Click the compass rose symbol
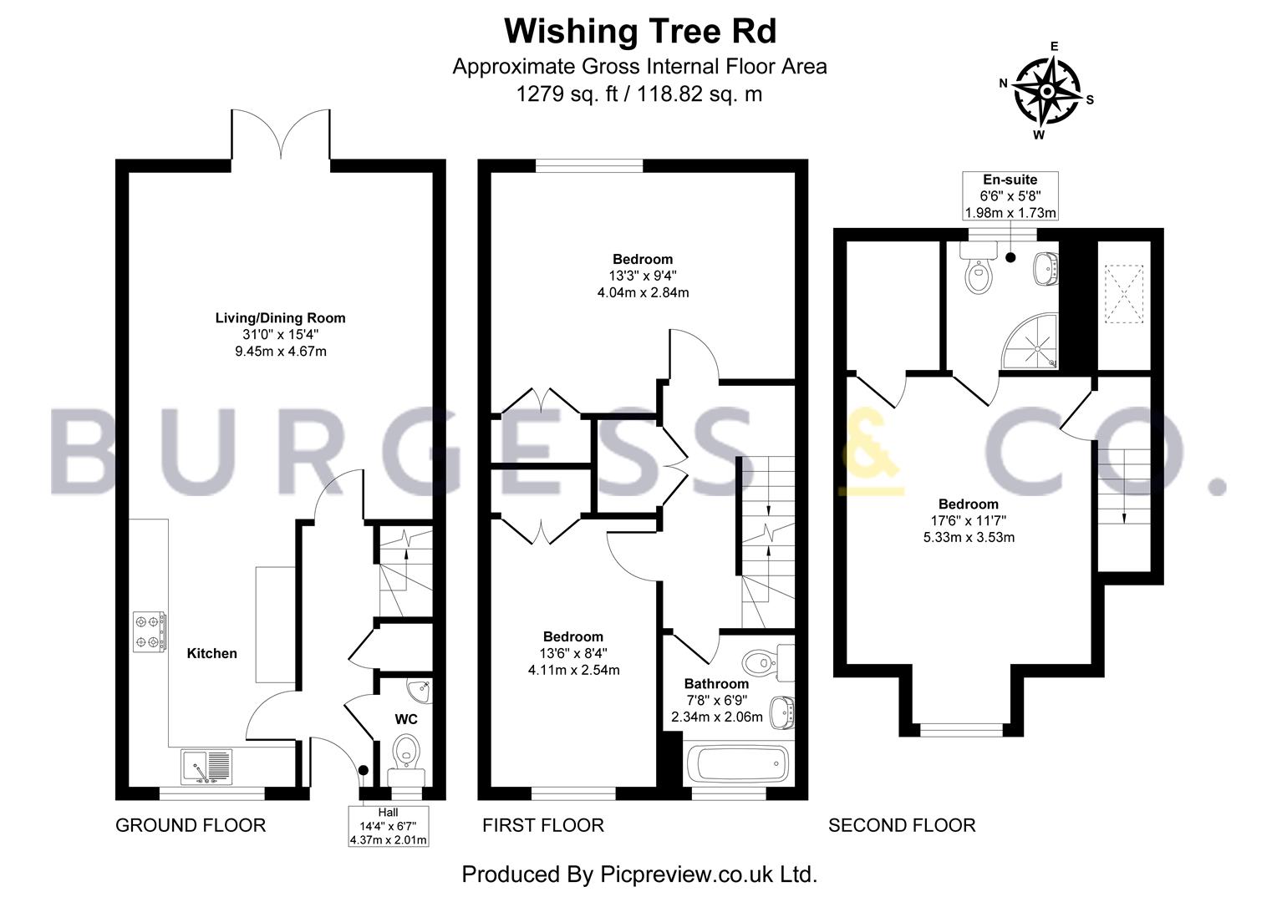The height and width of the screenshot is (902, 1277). coord(1048,90)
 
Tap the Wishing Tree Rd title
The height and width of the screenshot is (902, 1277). coord(639,32)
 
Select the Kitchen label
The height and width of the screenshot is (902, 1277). coord(211,653)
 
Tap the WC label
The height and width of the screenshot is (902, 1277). coord(406,718)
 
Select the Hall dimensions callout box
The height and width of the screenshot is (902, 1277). coord(389,826)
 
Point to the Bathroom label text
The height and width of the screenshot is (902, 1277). coord(716,683)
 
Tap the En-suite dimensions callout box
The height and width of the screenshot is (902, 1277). coord(1010,196)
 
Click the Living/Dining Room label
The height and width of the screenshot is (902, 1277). coord(280,318)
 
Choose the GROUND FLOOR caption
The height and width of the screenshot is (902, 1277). coord(191,825)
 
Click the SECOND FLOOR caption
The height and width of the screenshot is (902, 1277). coord(902,825)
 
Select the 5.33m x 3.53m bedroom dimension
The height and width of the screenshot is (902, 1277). coord(969,537)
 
